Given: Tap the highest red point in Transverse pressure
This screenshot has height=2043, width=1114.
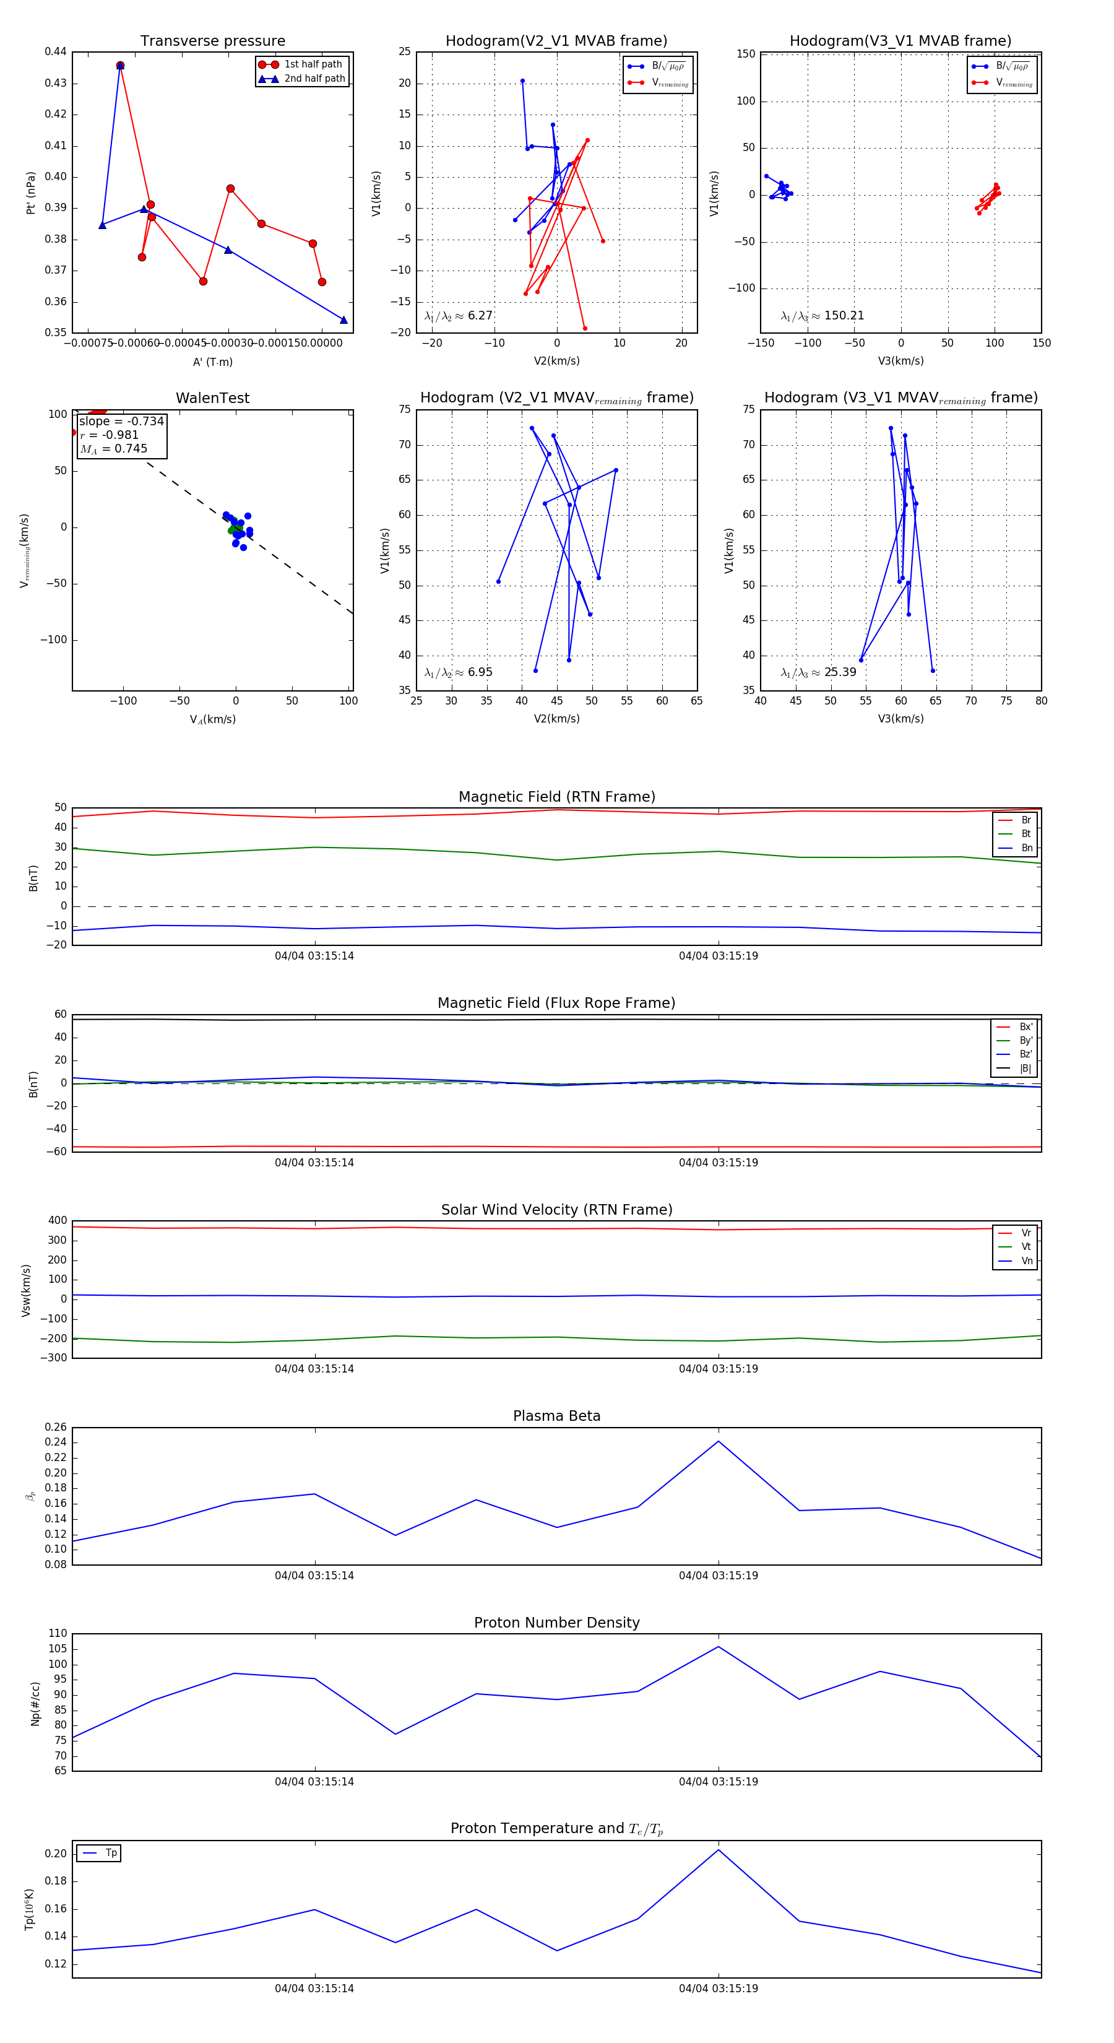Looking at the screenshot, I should click(119, 66).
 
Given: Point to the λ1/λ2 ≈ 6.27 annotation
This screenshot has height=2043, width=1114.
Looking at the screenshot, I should click(458, 316).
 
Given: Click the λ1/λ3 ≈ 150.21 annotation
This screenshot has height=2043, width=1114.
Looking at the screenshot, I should click(823, 316).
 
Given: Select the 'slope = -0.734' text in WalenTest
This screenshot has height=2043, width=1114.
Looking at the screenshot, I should click(121, 421).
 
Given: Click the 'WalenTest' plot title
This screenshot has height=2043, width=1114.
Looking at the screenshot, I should click(212, 398).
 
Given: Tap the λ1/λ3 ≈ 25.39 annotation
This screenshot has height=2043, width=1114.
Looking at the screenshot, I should click(818, 672).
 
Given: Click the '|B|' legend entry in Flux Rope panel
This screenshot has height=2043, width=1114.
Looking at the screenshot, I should click(1025, 1069).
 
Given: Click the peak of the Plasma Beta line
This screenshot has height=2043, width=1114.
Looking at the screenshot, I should click(719, 1441).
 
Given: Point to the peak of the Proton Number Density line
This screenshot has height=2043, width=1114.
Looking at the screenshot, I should click(719, 1646).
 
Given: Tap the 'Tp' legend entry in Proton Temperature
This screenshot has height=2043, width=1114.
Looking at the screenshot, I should click(111, 1854).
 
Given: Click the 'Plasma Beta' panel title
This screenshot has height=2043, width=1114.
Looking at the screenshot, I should click(556, 1416).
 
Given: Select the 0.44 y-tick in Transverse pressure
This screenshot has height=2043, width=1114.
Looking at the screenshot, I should click(56, 51).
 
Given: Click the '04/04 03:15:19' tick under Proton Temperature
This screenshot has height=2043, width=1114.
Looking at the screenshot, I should click(719, 1989).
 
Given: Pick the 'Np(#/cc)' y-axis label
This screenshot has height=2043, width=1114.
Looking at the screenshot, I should click(35, 1704).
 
